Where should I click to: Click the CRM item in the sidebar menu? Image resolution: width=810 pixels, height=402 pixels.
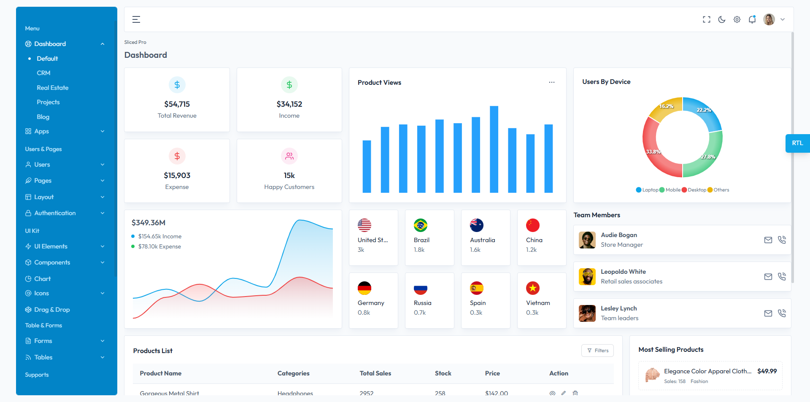coord(43,73)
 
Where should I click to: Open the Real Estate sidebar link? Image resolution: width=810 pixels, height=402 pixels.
coord(52,88)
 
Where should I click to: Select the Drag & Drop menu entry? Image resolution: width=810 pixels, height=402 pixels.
coord(52,310)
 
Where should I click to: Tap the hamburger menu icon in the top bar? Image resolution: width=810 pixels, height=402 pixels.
coord(136,19)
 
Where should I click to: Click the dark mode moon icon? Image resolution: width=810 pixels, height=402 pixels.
coord(722,19)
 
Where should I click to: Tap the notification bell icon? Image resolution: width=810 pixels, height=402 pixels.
coord(752,19)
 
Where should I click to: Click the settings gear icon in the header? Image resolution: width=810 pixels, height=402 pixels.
coord(737,19)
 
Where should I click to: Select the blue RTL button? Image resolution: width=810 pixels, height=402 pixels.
coord(797,143)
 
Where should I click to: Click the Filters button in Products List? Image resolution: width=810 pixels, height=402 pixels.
coord(597,351)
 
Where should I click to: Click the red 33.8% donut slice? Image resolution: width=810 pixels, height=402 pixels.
coord(652,148)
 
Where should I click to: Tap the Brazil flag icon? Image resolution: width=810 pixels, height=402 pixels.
coord(421,225)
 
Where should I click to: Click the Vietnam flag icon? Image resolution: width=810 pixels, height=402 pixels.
coord(533,288)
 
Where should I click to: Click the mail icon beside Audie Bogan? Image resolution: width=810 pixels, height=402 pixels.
coord(768,240)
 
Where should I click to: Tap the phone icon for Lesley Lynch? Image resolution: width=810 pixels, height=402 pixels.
coord(782,313)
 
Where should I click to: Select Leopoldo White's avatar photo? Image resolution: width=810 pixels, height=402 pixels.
coord(587,277)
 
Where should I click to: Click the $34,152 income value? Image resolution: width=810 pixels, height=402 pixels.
coord(289,104)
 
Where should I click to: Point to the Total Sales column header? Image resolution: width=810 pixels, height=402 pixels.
coord(375,373)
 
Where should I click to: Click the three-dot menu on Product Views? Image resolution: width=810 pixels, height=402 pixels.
coord(552,82)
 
